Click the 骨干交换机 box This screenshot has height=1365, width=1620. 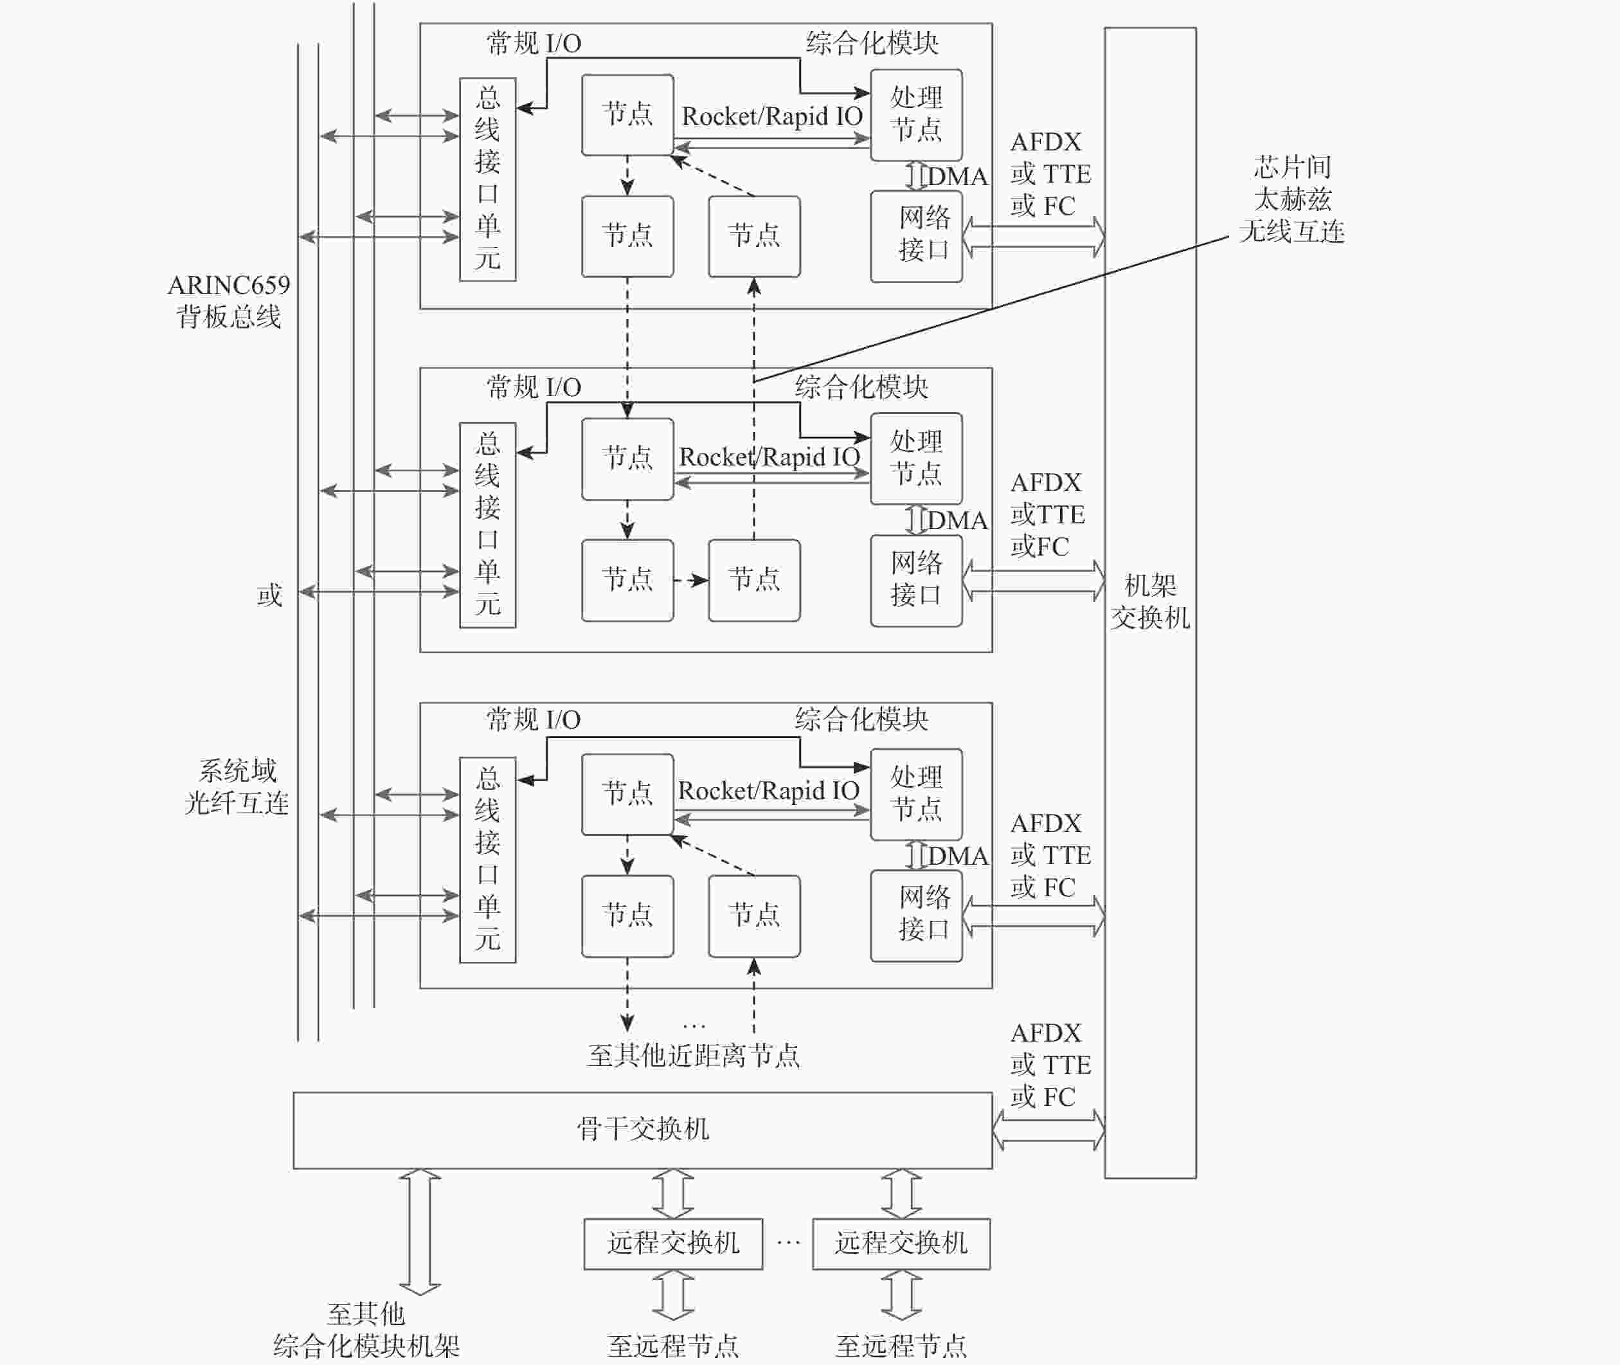pyautogui.click(x=642, y=1130)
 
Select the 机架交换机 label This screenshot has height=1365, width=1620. pyautogui.click(x=1149, y=601)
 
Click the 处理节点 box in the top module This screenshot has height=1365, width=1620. pyautogui.click(x=916, y=114)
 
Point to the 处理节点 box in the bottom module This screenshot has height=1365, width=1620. pyautogui.click(x=916, y=794)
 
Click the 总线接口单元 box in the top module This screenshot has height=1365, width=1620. pyautogui.click(x=487, y=179)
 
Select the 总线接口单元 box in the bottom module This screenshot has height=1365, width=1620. pyautogui.click(x=487, y=859)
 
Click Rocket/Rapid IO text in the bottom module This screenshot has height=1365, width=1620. pyautogui.click(x=768, y=791)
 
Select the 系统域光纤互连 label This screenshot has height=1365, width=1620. pyautogui.click(x=237, y=786)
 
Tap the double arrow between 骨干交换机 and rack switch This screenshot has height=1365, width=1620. pyautogui.click(x=1048, y=1129)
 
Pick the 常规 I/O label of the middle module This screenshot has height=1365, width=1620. pyautogui.click(x=533, y=387)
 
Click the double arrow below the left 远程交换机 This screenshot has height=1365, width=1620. pyautogui.click(x=673, y=1296)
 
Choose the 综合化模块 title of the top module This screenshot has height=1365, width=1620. pyautogui.click(x=872, y=43)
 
